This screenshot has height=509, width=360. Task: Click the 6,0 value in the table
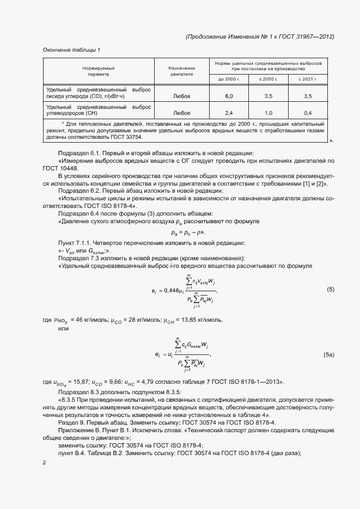point(229,96)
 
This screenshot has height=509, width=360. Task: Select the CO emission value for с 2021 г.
point(307,96)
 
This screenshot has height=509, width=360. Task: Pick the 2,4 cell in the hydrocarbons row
point(229,114)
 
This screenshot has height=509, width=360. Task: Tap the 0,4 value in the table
point(307,114)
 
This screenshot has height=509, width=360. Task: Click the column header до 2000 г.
point(229,79)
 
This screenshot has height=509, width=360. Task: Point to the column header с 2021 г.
point(307,79)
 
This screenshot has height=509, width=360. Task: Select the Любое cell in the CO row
point(181,96)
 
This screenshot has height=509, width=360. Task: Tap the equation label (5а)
point(329,355)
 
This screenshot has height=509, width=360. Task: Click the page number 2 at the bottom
point(45,462)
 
